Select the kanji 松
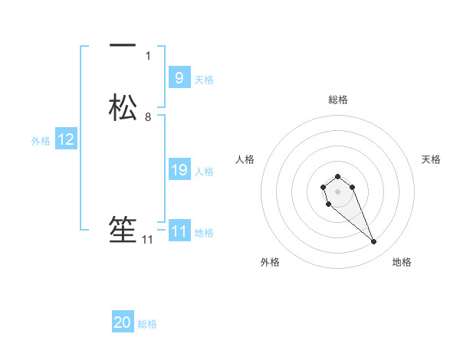coord(123,106)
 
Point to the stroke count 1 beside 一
coord(148,55)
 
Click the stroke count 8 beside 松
coord(148,116)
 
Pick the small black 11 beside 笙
coord(148,240)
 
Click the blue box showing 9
coord(179,78)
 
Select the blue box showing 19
coord(179,170)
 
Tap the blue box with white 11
coord(179,231)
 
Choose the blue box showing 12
coord(66,139)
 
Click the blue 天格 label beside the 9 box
coord(204,80)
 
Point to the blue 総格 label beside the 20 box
coord(147,325)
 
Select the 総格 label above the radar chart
coord(337,100)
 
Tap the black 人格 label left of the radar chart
coord(245,159)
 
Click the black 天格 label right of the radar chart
coord(431,159)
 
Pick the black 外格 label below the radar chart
coord(270,262)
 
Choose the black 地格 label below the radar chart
coord(402,262)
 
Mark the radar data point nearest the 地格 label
coord(373,242)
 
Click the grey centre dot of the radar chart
coord(337,191)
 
